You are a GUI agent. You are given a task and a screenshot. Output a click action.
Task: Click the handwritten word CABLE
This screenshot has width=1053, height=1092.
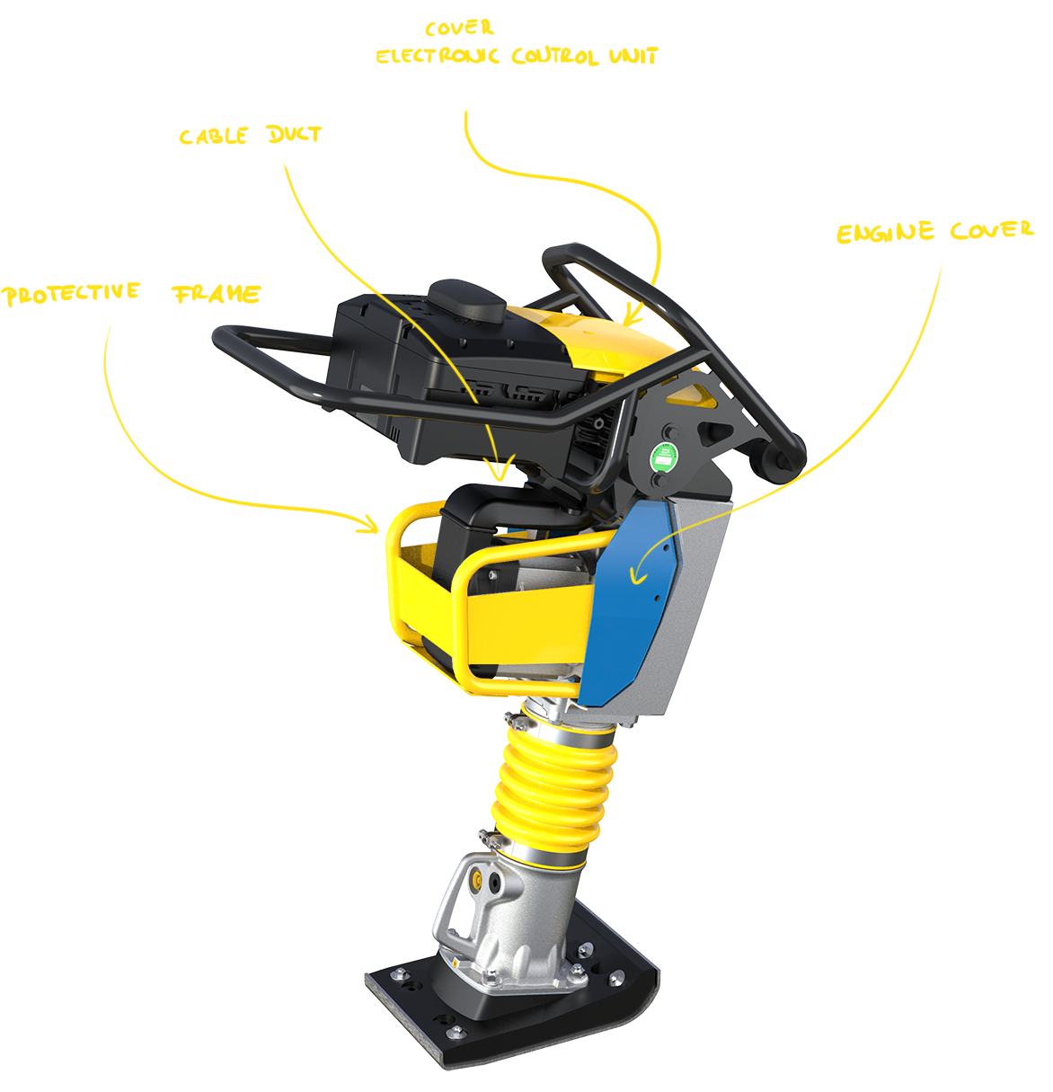[213, 136]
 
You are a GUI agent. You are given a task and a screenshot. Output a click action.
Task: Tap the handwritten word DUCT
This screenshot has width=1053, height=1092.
[294, 134]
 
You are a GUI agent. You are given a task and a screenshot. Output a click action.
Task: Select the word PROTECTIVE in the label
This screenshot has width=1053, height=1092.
[71, 294]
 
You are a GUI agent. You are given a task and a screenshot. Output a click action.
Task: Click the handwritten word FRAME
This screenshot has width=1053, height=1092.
[217, 294]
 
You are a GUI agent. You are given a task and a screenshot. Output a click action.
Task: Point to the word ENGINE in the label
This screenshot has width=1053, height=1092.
[885, 232]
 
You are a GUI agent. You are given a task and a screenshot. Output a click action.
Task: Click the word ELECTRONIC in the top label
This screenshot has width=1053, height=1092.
[437, 56]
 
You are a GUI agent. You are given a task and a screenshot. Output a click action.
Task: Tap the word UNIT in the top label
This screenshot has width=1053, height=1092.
[633, 56]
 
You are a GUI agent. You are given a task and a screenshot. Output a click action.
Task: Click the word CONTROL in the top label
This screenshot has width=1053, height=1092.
[554, 56]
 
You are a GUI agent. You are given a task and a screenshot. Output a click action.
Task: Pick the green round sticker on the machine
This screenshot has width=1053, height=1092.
[664, 457]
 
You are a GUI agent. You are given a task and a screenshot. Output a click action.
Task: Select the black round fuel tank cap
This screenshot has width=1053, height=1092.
[467, 301]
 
